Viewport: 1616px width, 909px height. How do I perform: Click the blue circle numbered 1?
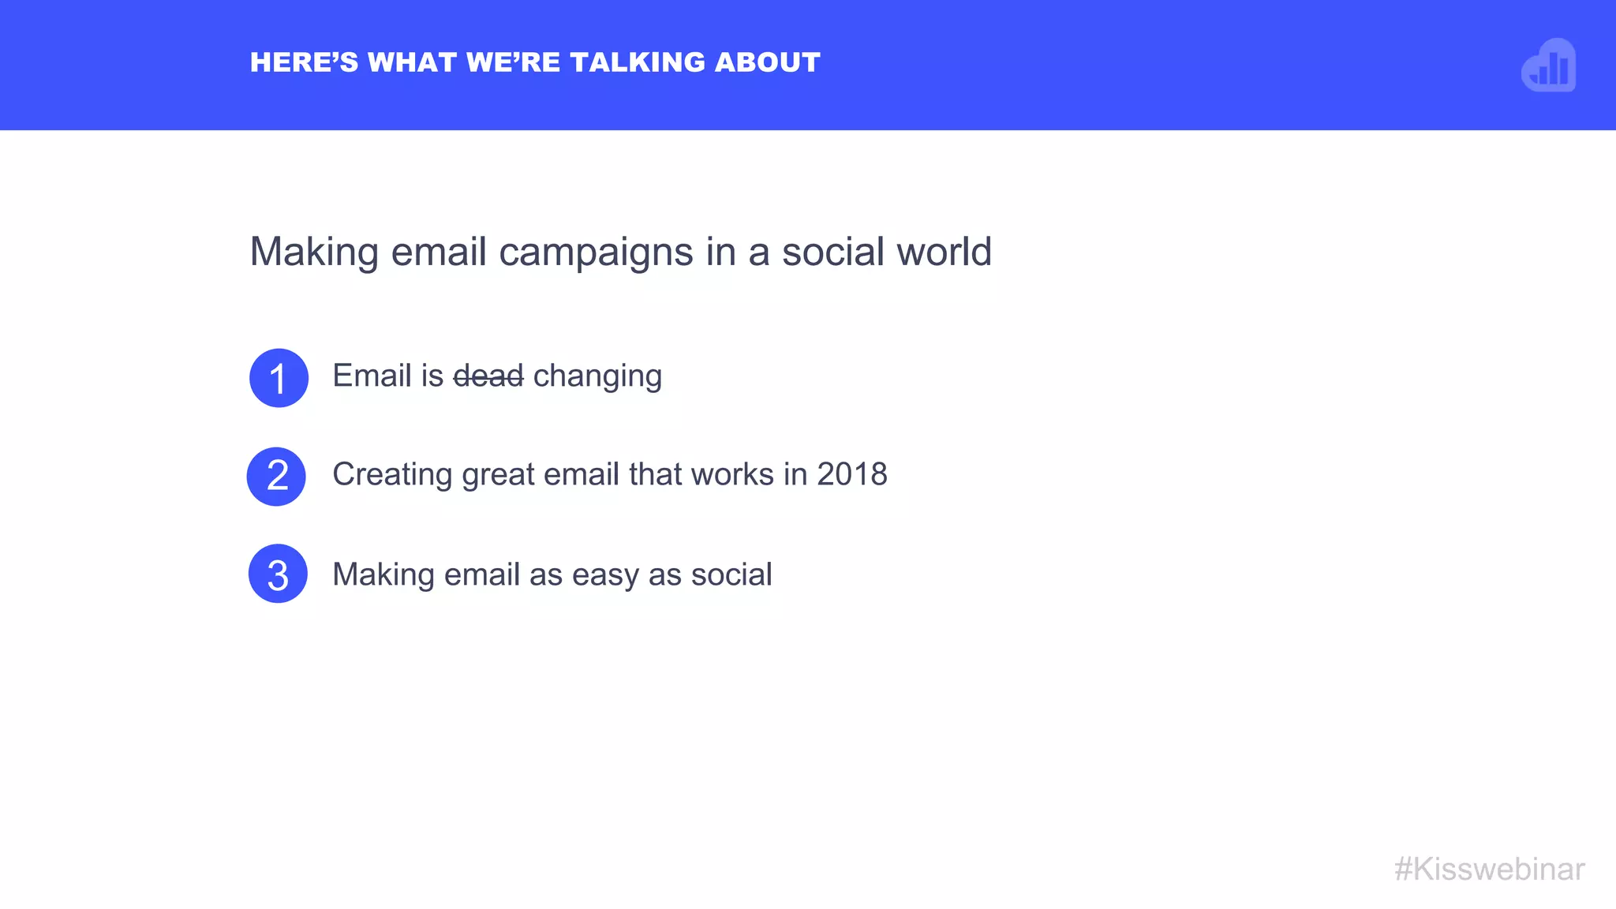[279, 378]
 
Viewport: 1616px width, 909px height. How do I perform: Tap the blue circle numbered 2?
[276, 477]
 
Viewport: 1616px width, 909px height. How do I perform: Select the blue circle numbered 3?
[278, 574]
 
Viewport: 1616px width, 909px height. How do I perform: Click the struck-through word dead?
[488, 376]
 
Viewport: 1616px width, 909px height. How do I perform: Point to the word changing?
[597, 376]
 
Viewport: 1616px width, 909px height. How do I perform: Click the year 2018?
[852, 474]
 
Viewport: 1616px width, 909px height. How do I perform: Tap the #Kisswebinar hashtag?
[1489, 869]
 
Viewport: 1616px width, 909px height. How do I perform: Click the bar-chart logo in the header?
[1549, 65]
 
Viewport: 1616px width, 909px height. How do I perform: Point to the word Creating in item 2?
[392, 474]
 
